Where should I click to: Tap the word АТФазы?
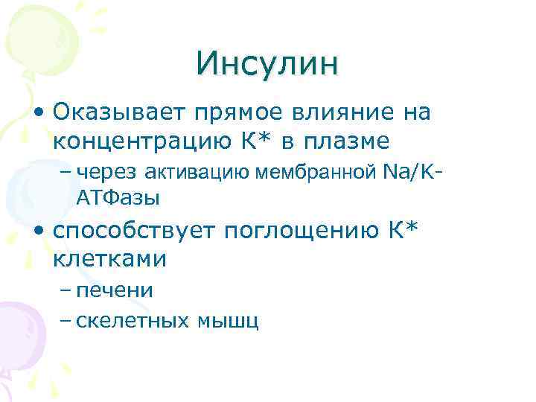118,198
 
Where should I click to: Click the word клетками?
109,259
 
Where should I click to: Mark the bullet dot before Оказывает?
38,114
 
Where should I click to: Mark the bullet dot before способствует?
38,232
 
